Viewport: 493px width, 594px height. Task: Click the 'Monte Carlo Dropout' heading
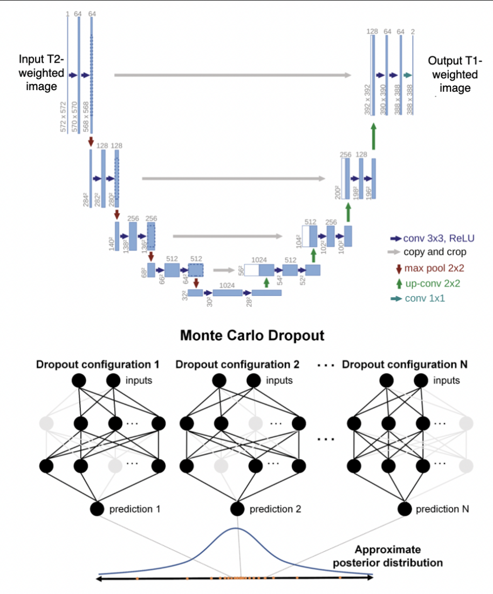pyautogui.click(x=252, y=335)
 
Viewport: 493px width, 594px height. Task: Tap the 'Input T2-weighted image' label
pyautogui.click(x=42, y=72)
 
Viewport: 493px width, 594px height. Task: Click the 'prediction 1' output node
pyautogui.click(x=98, y=508)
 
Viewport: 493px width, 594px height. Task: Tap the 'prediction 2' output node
pyautogui.click(x=237, y=508)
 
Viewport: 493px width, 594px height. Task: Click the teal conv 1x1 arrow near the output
pyautogui.click(x=408, y=75)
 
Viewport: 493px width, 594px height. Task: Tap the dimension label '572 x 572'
pyautogui.click(x=63, y=117)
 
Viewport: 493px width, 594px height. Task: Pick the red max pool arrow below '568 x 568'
pyautogui.click(x=92, y=141)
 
